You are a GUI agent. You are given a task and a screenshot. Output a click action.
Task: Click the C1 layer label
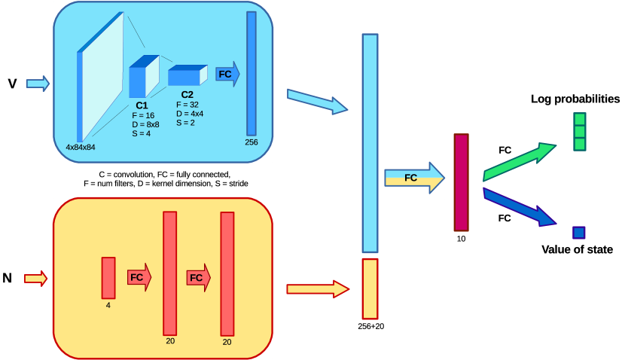click(142, 105)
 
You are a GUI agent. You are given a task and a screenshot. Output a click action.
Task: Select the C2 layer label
click(187, 95)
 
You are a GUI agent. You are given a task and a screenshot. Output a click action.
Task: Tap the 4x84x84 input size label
click(81, 147)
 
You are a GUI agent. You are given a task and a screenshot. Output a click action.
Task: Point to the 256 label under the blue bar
click(252, 142)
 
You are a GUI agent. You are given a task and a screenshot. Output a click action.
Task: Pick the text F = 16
click(143, 115)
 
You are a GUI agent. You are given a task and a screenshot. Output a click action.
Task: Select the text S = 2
click(186, 122)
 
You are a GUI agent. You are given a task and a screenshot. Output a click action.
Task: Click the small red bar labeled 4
click(108, 278)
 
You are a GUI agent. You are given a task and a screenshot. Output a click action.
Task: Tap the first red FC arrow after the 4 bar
click(139, 277)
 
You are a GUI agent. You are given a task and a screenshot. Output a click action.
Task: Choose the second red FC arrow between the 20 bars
click(198, 277)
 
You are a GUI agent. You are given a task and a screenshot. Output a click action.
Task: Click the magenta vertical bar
click(461, 182)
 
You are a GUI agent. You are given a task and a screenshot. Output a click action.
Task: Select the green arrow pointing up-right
click(518, 161)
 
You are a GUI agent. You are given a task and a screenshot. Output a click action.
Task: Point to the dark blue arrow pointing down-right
click(518, 206)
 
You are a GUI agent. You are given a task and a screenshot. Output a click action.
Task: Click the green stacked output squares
click(579, 132)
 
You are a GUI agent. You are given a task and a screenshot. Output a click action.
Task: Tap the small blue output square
click(578, 233)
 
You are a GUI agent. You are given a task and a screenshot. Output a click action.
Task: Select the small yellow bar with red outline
click(370, 289)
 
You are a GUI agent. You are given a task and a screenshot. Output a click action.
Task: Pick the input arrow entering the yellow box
click(35, 279)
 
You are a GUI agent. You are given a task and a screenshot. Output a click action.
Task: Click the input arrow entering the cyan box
click(38, 83)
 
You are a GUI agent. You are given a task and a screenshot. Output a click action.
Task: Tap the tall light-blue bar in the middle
click(370, 143)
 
